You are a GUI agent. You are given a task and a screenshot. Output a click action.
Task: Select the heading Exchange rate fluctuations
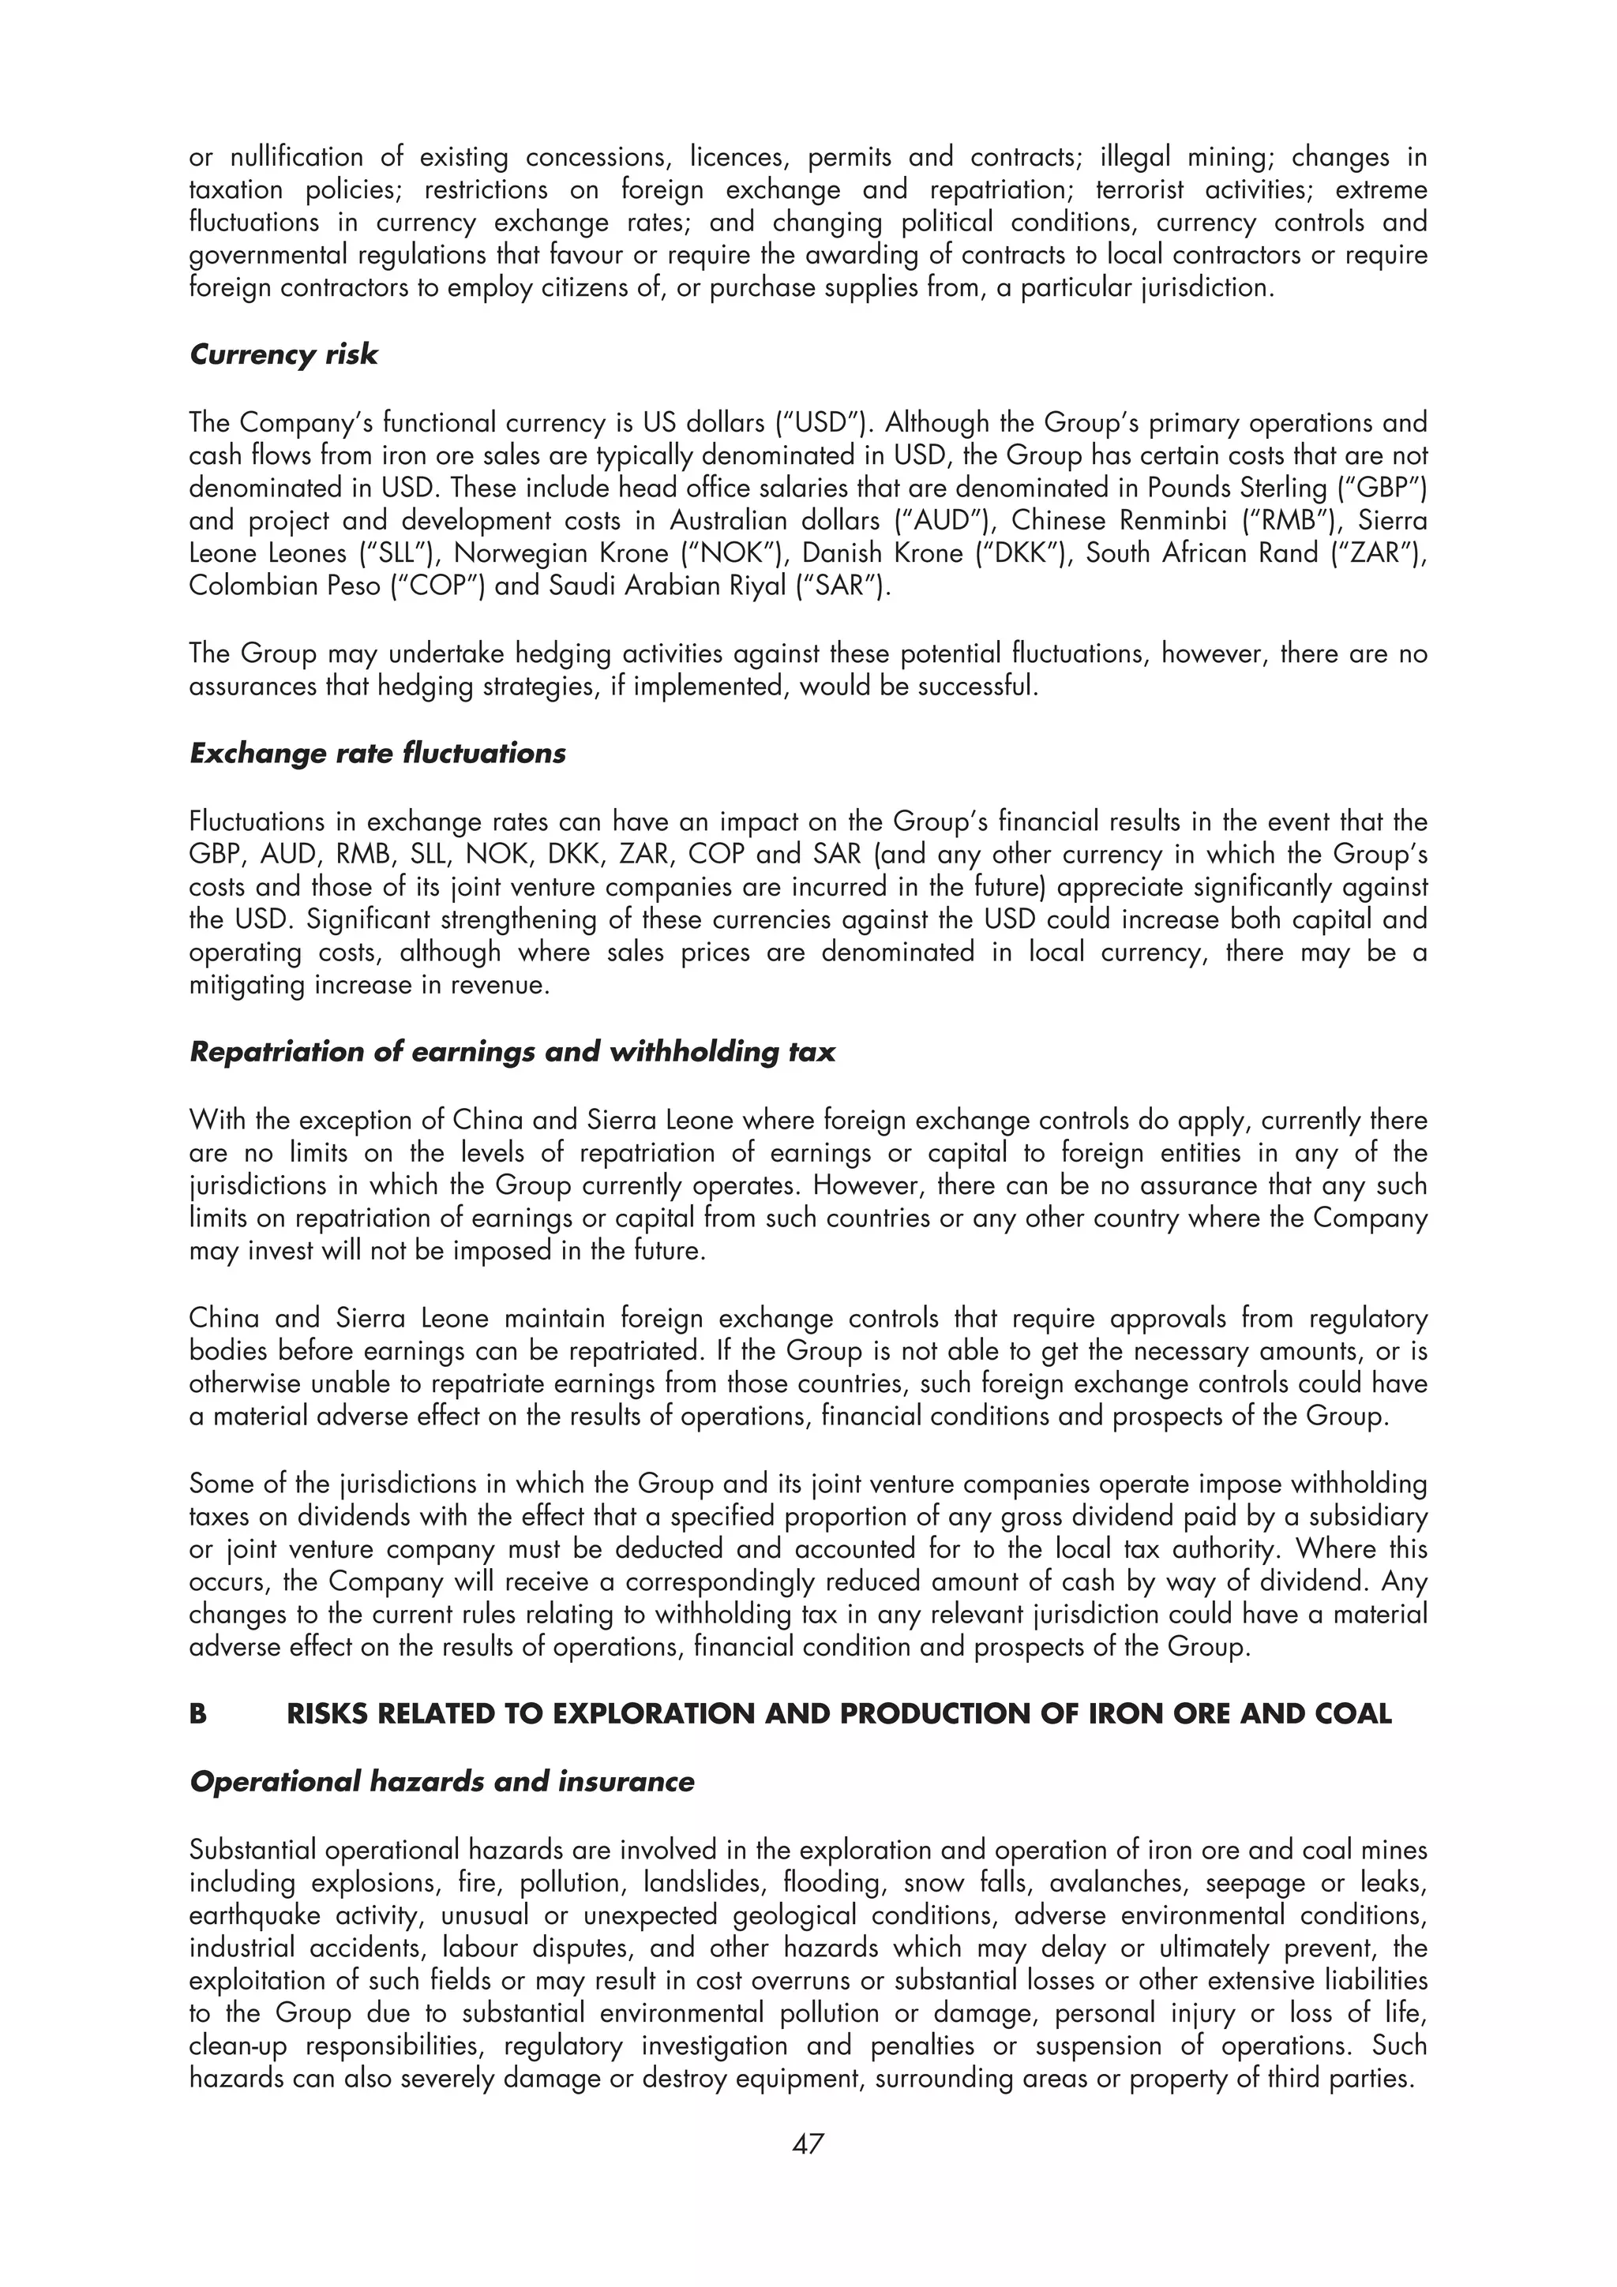tap(377, 753)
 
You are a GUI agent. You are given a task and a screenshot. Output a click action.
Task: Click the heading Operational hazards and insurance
tap(441, 1781)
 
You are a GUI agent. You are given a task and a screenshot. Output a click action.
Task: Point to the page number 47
tap(807, 2143)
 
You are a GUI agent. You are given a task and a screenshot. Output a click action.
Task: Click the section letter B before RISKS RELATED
tap(198, 1713)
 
